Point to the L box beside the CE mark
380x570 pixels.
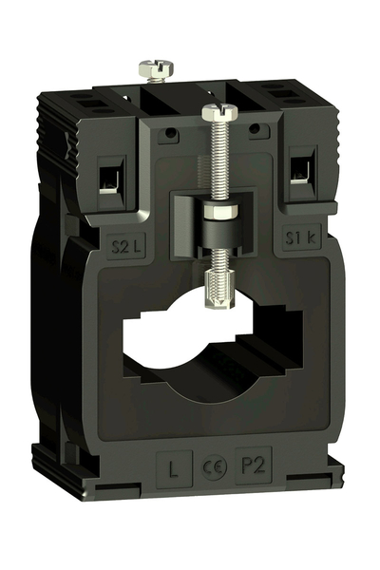(173, 467)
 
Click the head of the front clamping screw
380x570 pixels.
(215, 115)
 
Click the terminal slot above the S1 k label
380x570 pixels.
(301, 169)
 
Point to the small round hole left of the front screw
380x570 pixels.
(170, 134)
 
